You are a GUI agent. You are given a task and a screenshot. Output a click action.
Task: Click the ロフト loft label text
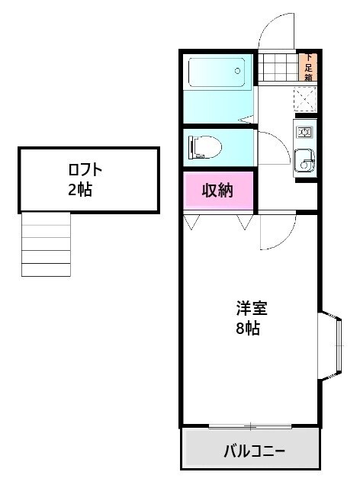click(85, 170)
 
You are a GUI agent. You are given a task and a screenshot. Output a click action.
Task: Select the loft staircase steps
click(46, 244)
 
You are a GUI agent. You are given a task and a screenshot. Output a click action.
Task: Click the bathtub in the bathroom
click(217, 73)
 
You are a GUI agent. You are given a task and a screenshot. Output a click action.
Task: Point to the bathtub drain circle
click(238, 72)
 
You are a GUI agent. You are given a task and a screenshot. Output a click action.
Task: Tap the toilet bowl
click(207, 145)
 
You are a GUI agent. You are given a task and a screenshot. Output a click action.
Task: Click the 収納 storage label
click(217, 191)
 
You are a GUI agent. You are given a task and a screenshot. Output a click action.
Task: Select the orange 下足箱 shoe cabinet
click(309, 66)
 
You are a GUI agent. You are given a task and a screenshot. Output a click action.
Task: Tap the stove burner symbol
click(304, 133)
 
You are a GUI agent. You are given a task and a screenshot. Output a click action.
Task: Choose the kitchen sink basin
click(304, 160)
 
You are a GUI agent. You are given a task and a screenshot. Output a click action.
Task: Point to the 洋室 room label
click(252, 309)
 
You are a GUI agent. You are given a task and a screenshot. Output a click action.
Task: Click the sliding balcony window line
click(249, 425)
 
